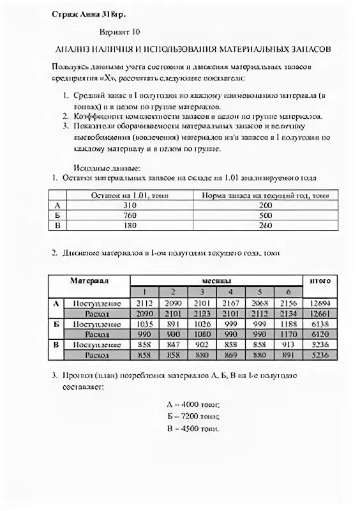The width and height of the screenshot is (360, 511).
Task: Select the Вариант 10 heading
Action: pos(120,31)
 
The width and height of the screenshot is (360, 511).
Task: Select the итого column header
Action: pos(320,281)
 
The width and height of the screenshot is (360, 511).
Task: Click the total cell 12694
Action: pos(320,303)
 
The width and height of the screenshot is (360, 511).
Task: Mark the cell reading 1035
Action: pos(146,324)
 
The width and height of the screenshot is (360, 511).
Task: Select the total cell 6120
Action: pos(320,334)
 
